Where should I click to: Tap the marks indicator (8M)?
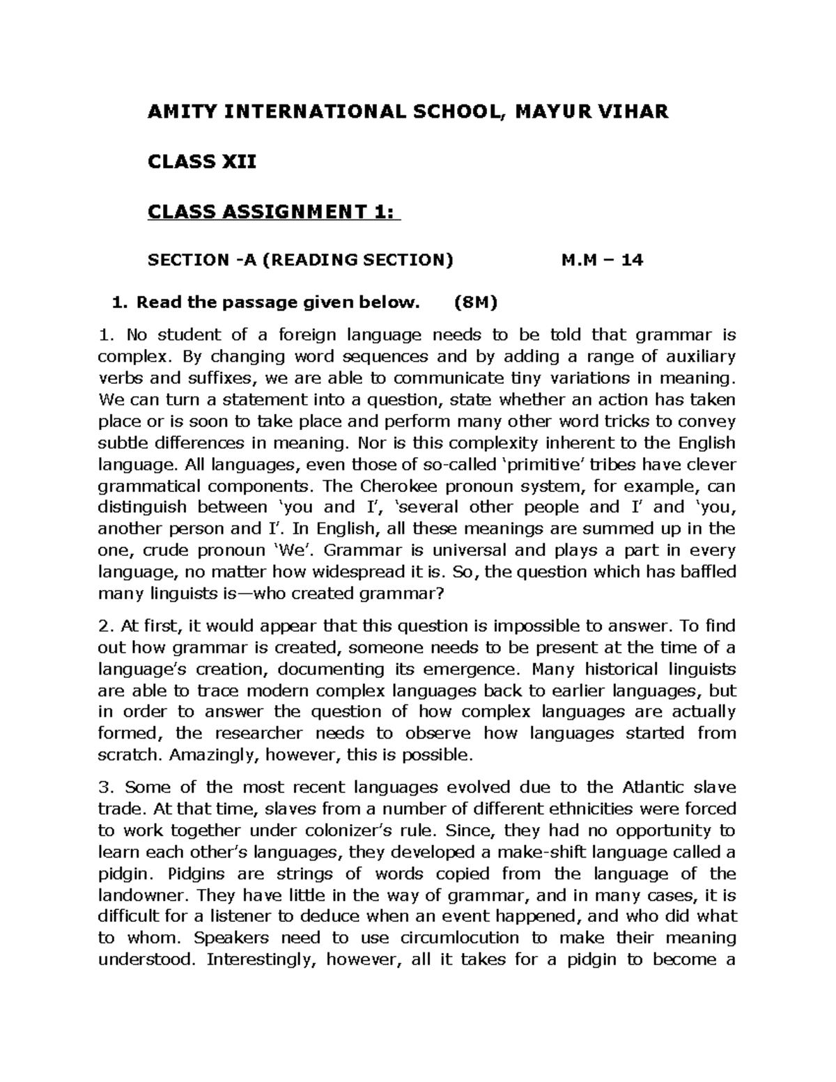pyautogui.click(x=476, y=303)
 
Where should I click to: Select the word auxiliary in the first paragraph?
pyautogui.click(x=697, y=357)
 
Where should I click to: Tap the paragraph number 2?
pyautogui.click(x=104, y=626)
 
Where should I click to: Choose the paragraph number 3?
pyautogui.click(x=104, y=788)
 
